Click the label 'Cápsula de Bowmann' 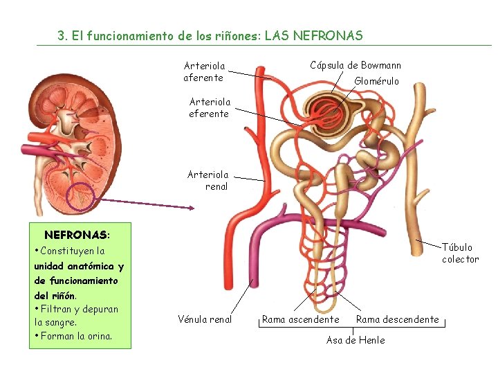click(355, 66)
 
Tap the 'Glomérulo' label click(376, 81)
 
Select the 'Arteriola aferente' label click(203, 72)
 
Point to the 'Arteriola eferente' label click(208, 107)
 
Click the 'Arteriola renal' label click(208, 181)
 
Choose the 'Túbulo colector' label click(460, 253)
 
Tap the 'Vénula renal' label click(205, 319)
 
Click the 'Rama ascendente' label click(300, 319)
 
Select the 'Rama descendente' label click(397, 319)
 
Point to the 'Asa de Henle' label click(356, 340)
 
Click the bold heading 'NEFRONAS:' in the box click(77, 235)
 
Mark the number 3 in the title click(61, 35)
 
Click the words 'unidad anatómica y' click(78, 266)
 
